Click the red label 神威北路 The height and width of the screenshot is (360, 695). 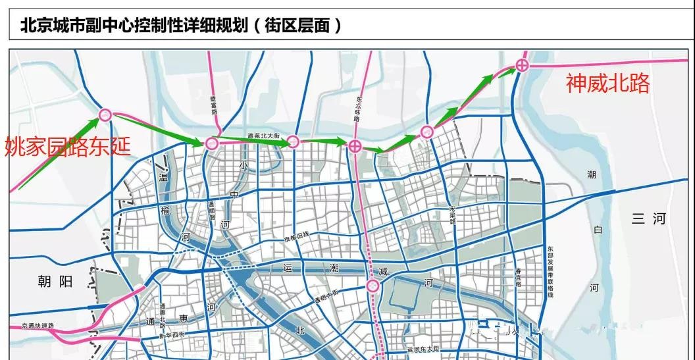coord(607,84)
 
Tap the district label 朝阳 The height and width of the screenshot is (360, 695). coord(55,282)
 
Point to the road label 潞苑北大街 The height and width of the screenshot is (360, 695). coord(259,136)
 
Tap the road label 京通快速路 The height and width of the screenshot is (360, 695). coord(37,326)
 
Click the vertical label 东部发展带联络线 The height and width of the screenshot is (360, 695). coord(550,271)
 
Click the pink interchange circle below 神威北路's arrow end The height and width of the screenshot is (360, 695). coord(522,64)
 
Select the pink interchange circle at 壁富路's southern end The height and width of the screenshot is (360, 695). coord(212,143)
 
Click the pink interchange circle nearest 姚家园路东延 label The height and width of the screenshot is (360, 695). coord(105,115)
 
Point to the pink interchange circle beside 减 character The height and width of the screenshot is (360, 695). coord(373,285)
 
